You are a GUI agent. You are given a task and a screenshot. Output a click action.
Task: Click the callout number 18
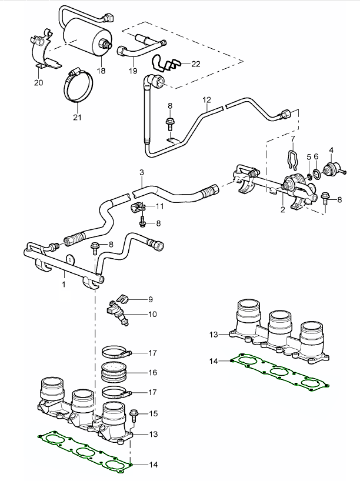pyautogui.click(x=101, y=71)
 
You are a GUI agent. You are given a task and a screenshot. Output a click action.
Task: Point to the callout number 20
pyautogui.click(x=39, y=83)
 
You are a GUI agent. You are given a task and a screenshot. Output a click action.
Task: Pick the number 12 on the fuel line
pyautogui.click(x=206, y=101)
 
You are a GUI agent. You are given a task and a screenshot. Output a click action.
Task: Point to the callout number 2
pyautogui.click(x=282, y=209)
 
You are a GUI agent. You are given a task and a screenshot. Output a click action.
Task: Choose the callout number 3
pyautogui.click(x=142, y=172)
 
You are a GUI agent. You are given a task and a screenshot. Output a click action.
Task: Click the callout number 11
pyautogui.click(x=160, y=206)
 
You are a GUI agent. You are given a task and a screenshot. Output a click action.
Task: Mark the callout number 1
pyautogui.click(x=63, y=284)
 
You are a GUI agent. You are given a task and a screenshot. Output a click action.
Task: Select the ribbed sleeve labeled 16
pyautogui.click(x=115, y=372)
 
